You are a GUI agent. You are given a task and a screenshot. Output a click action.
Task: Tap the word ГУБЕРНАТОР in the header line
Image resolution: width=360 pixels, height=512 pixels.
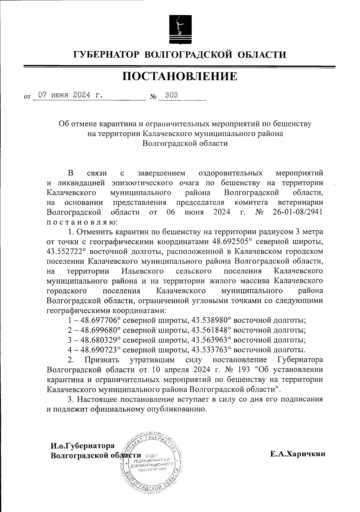click(x=106, y=55)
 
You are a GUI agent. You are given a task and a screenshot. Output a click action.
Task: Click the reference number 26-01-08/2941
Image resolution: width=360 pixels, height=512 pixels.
click(x=298, y=212)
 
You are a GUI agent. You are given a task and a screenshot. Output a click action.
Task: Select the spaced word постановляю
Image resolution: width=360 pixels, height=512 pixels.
click(x=83, y=222)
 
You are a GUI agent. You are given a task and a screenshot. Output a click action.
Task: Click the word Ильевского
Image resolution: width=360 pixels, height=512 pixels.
click(x=142, y=271)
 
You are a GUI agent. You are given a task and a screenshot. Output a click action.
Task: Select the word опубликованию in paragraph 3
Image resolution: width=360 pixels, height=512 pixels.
click(x=176, y=409)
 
